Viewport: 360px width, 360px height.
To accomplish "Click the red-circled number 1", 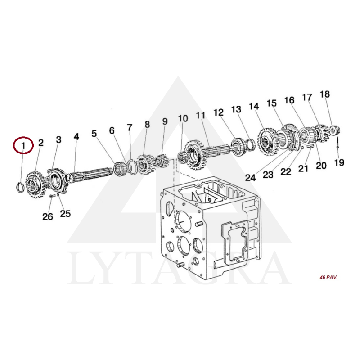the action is pos(23,145).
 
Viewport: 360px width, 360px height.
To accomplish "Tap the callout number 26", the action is pos(48,216).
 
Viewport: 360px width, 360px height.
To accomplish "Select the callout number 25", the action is pos(65,213).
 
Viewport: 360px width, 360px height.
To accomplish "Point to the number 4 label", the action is pos(76,137).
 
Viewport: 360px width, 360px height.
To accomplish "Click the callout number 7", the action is pos(130,127).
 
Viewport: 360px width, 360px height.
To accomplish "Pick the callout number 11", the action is pos(200,115).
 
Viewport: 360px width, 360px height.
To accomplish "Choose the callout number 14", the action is pos(254,106).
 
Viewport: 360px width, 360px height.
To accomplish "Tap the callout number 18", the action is pos(325,94).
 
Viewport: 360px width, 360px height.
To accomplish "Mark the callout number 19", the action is pos(339,162).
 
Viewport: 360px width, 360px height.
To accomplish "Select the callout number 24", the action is pos(251,177).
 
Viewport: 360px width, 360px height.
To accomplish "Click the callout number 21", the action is pos(303,168).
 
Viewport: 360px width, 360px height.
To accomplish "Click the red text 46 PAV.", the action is pos(328,277).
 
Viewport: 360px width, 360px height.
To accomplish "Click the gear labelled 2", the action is pos(35,185).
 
